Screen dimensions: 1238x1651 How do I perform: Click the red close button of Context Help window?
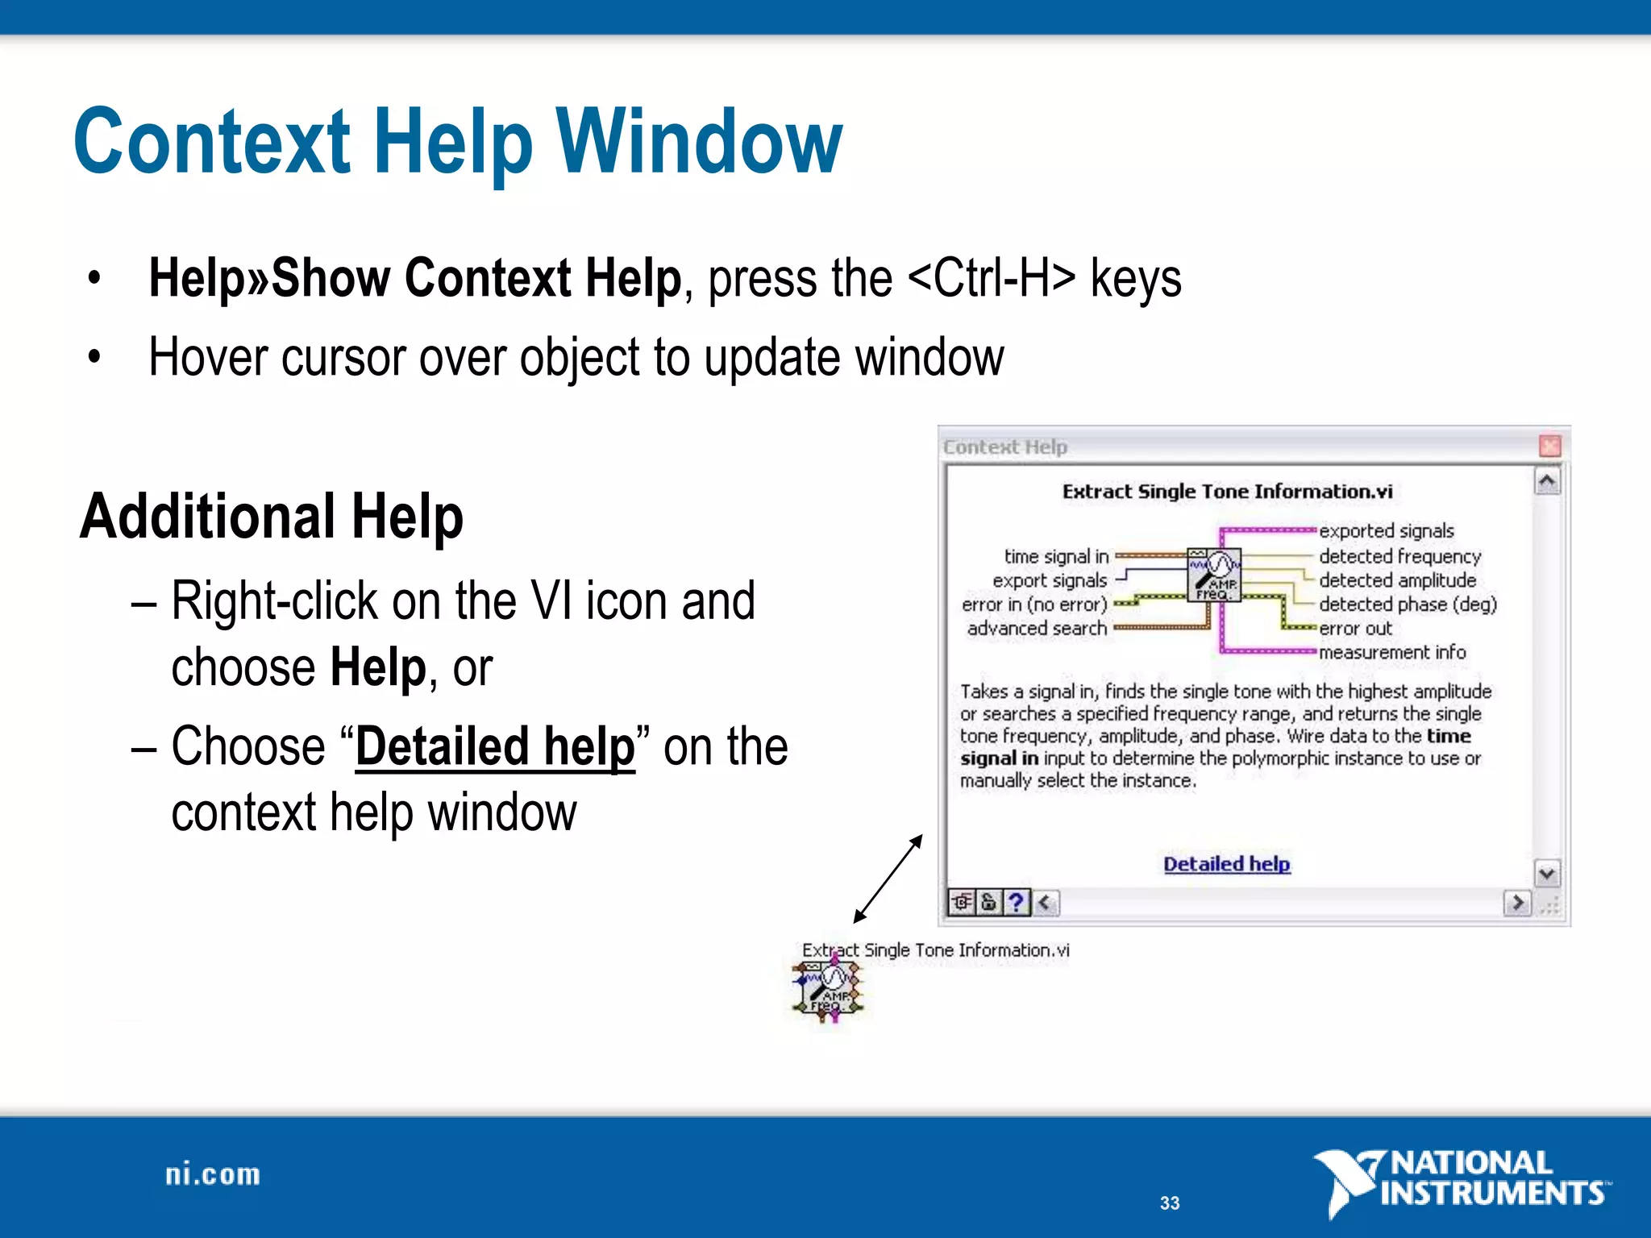(x=1549, y=446)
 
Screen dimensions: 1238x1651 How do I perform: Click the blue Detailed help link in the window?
(x=1226, y=864)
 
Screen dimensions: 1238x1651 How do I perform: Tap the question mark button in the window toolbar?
(x=1017, y=902)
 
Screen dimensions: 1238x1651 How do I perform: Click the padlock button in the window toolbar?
(x=989, y=902)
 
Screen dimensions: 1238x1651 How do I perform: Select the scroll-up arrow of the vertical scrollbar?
(x=1547, y=482)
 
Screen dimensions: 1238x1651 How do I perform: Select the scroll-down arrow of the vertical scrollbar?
(x=1547, y=874)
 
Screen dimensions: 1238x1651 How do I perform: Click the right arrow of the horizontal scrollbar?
(x=1517, y=902)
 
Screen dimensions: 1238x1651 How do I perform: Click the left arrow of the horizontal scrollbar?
(x=1046, y=902)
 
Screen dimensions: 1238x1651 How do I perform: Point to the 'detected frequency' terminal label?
(x=1399, y=556)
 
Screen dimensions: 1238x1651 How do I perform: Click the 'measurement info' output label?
(x=1392, y=652)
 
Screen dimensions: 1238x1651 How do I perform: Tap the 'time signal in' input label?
(x=1056, y=556)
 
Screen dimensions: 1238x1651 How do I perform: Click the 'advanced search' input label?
(x=1037, y=628)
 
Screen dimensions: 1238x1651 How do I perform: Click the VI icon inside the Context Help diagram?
(x=1214, y=574)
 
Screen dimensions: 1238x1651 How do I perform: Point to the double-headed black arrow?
(x=888, y=879)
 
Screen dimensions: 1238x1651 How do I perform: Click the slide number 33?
(x=1170, y=1203)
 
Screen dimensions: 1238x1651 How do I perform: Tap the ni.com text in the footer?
(x=213, y=1174)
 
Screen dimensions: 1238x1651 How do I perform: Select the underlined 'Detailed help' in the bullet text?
(x=495, y=746)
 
